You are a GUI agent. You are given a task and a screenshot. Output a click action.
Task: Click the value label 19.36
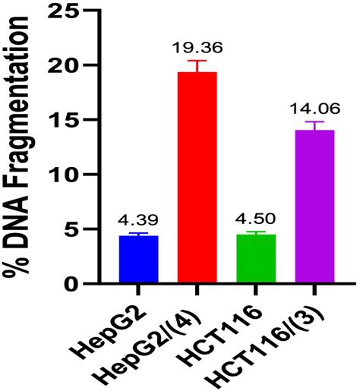pyautogui.click(x=197, y=49)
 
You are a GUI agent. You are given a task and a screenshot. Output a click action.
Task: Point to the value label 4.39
pyautogui.click(x=138, y=221)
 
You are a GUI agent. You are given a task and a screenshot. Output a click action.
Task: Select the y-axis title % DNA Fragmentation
pyautogui.click(x=23, y=148)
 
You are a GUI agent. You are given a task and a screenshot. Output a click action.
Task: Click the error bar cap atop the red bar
pyautogui.click(x=197, y=61)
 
